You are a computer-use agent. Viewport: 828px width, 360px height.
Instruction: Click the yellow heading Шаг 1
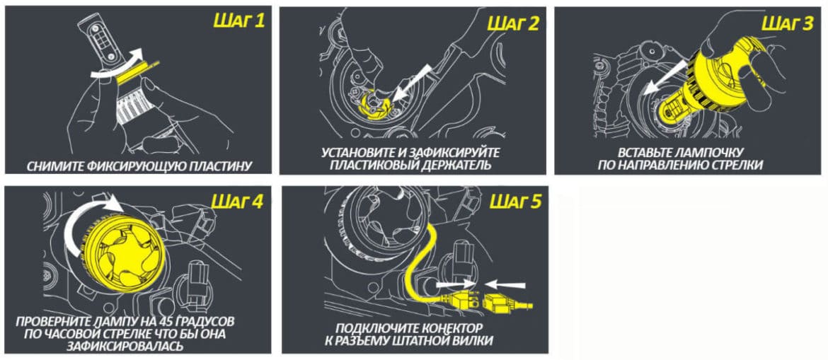point(238,22)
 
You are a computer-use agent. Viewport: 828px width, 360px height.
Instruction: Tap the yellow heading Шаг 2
point(513,24)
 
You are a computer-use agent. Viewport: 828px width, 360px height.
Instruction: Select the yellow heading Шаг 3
point(788,24)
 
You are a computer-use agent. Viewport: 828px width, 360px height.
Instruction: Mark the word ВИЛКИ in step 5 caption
point(473,341)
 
